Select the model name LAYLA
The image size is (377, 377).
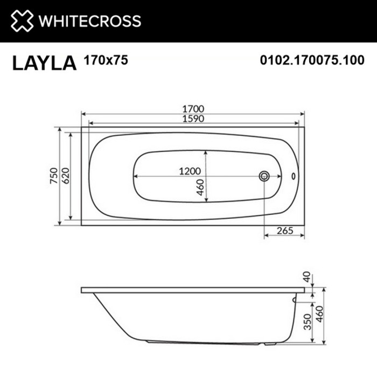point(44,63)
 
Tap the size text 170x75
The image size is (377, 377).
point(106,60)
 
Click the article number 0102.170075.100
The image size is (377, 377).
point(312,61)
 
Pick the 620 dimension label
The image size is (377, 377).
point(65,176)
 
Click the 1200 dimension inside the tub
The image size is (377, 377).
point(190,171)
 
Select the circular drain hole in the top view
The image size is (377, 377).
point(264,176)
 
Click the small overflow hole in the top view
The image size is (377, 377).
point(293,176)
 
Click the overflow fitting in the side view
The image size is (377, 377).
point(294,299)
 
